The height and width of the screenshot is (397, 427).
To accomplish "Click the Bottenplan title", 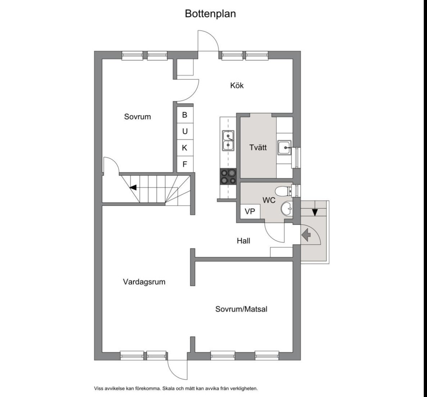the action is [210, 14].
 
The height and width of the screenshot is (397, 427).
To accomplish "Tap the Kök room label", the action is [237, 86].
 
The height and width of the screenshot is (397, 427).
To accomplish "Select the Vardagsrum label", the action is [144, 282].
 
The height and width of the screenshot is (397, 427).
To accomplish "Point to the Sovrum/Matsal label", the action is [241, 309].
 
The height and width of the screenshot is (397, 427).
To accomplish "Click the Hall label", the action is [244, 241].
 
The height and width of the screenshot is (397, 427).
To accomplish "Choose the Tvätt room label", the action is [258, 148].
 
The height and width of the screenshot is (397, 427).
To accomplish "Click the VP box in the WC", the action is [250, 211].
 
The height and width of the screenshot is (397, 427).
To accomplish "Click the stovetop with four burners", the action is [228, 177].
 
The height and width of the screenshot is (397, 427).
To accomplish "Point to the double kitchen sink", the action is [228, 140].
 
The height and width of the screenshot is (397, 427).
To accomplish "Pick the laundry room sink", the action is [284, 148].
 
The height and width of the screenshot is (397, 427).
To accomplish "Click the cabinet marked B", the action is [185, 115].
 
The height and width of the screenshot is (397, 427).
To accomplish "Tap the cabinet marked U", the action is [185, 131].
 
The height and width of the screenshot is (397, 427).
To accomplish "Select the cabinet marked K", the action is [185, 148].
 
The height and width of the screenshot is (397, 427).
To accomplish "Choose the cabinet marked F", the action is [185, 164].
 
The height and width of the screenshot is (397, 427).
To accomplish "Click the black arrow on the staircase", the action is [133, 188].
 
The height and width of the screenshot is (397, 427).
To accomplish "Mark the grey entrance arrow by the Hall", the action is [306, 235].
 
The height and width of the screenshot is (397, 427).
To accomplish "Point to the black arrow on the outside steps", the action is [315, 212].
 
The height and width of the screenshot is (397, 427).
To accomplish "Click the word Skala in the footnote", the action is [168, 388].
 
